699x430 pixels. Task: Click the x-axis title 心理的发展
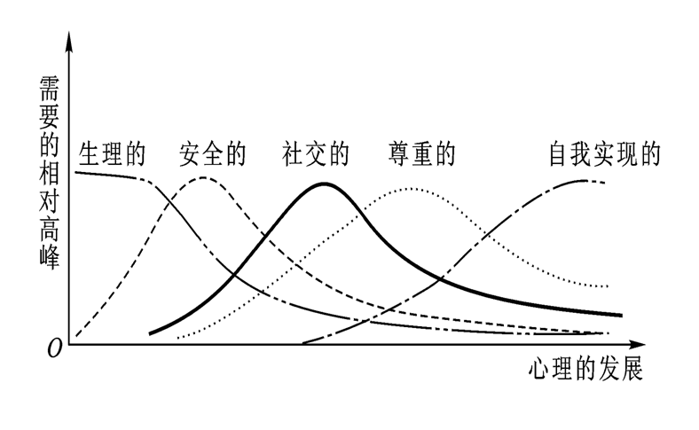pyautogui.click(x=585, y=368)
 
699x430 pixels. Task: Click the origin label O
pyautogui.click(x=54, y=348)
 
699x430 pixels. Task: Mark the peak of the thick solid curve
pyautogui.click(x=325, y=184)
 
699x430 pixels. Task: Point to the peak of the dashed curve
pyautogui.click(x=203, y=177)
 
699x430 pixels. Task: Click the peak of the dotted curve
pyautogui.click(x=410, y=189)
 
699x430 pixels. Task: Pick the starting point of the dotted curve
pyautogui.click(x=178, y=338)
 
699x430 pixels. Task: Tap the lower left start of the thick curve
pyautogui.click(x=151, y=333)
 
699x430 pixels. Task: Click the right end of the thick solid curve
pyautogui.click(x=621, y=315)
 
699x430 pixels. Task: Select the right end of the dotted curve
pyautogui.click(x=609, y=286)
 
